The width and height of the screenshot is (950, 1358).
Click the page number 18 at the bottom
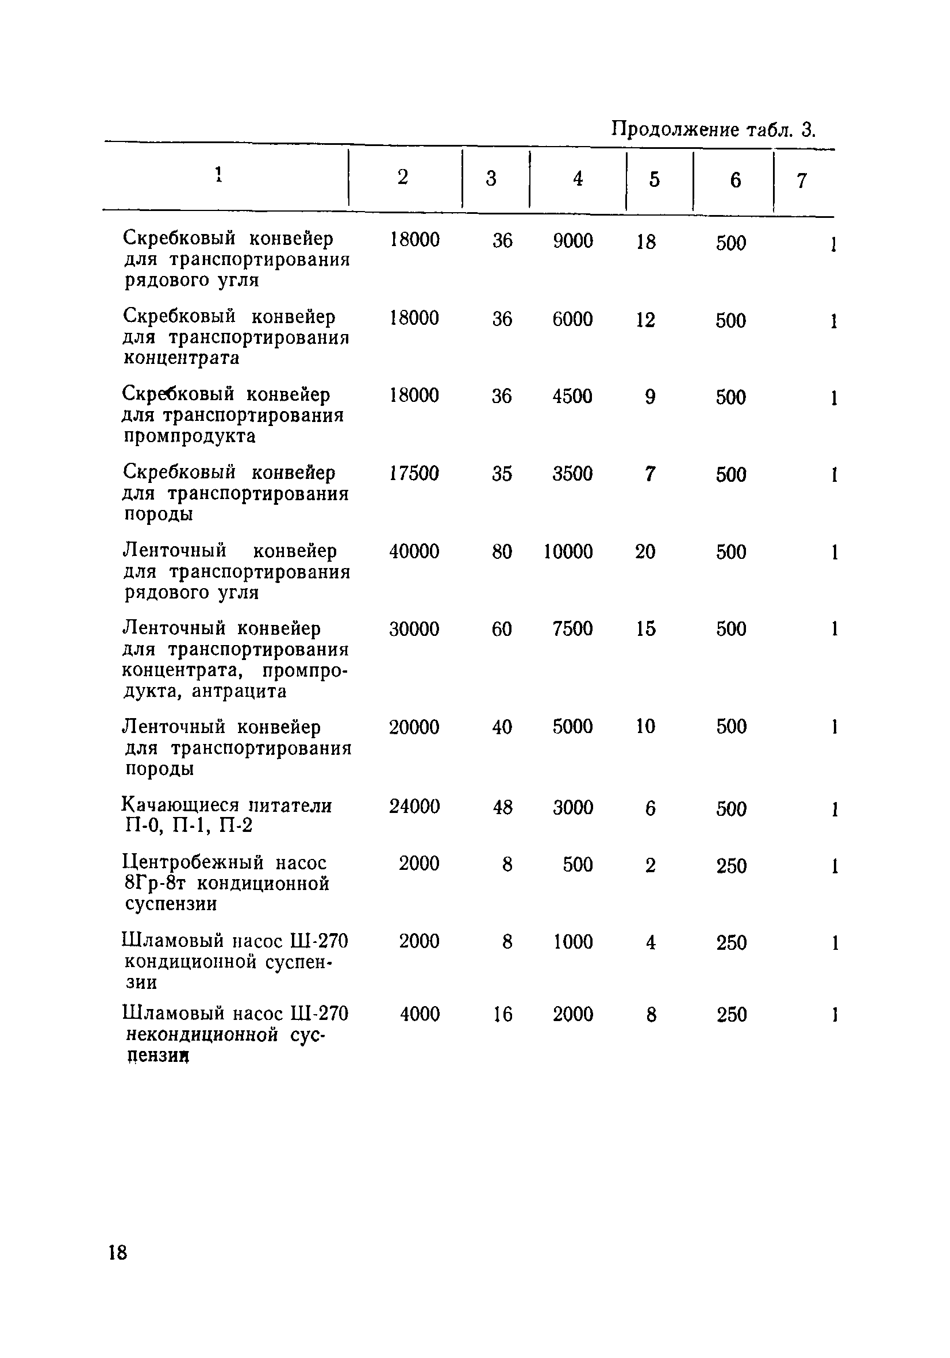click(118, 1252)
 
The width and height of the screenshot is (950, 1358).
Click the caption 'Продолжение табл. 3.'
click(713, 129)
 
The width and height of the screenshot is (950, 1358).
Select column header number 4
click(578, 178)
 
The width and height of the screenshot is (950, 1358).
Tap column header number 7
click(801, 181)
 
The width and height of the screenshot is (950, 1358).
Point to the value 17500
click(414, 473)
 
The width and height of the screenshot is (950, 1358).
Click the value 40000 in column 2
click(414, 551)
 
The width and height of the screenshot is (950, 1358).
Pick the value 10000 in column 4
click(568, 551)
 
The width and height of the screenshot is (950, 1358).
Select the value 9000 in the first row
click(572, 241)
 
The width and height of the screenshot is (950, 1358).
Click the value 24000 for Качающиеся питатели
click(414, 806)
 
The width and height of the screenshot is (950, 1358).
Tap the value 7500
click(572, 628)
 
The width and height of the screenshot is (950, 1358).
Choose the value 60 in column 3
click(501, 628)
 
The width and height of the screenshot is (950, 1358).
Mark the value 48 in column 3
click(502, 807)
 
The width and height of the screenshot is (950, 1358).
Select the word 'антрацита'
click(240, 691)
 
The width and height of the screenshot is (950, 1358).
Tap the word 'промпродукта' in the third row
click(190, 436)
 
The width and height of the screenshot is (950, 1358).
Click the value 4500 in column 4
click(572, 396)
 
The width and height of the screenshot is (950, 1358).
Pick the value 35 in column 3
click(501, 473)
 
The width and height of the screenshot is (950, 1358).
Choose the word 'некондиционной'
click(202, 1034)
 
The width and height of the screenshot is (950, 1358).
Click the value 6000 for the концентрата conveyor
click(572, 319)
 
